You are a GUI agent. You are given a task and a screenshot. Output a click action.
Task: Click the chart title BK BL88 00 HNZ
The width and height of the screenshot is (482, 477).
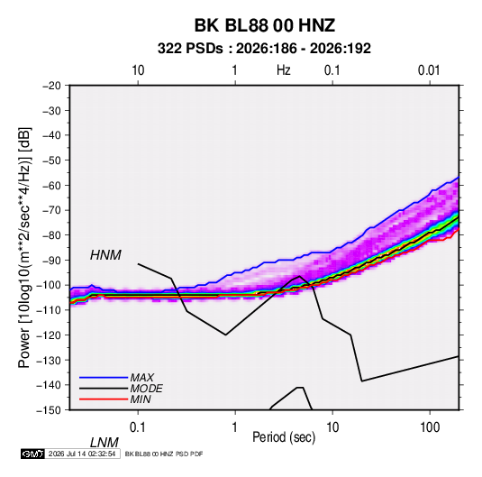pyautogui.click(x=264, y=25)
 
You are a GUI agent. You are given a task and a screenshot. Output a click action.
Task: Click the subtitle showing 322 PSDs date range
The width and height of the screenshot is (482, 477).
pyautogui.click(x=264, y=49)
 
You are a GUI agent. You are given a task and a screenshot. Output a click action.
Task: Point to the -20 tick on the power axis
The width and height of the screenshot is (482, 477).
pyautogui.click(x=51, y=86)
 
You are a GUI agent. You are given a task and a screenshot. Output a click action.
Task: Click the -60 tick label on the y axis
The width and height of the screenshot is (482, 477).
pyautogui.click(x=51, y=185)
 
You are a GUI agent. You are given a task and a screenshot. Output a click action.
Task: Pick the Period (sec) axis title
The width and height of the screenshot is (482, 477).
pyautogui.click(x=284, y=437)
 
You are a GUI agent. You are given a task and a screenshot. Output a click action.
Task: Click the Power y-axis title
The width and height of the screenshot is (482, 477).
pyautogui.click(x=24, y=248)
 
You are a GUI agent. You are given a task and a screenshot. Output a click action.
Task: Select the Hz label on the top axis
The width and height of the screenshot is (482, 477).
pyautogui.click(x=284, y=70)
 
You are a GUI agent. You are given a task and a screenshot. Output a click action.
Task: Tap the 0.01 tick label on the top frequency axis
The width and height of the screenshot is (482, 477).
pyautogui.click(x=429, y=70)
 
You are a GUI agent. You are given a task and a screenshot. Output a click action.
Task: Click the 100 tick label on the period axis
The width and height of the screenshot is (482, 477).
pyautogui.click(x=430, y=427)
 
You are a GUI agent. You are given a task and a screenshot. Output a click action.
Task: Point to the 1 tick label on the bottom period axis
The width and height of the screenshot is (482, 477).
pyautogui.click(x=235, y=427)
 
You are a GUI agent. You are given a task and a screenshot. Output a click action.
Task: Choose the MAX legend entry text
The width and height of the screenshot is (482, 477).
pyautogui.click(x=141, y=378)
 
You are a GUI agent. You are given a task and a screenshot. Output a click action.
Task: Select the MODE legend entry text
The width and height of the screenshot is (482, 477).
pyautogui.click(x=146, y=389)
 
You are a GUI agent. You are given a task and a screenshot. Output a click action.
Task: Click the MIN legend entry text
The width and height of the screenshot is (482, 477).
pyautogui.click(x=141, y=399)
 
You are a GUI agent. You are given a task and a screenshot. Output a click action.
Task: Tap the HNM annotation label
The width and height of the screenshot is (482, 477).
pyautogui.click(x=105, y=255)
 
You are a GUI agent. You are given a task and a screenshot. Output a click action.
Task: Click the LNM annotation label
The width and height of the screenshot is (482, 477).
pyautogui.click(x=104, y=443)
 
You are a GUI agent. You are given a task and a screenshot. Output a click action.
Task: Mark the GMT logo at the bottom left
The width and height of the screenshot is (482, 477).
pyautogui.click(x=32, y=454)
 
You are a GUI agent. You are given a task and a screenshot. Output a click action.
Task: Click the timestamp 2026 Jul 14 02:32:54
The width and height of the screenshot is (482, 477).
pyautogui.click(x=82, y=454)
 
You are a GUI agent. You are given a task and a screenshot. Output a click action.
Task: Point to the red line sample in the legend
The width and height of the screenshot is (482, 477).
pyautogui.click(x=104, y=399)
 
